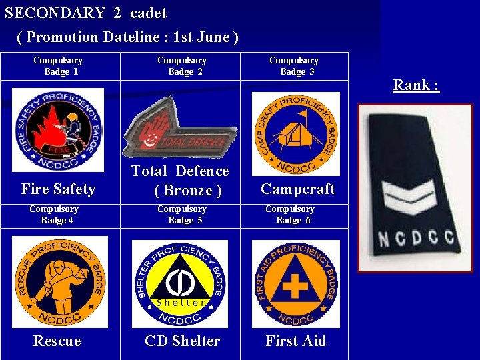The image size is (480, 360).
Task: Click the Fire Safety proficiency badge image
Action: [x=58, y=130]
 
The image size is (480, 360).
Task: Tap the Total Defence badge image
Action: [x=180, y=127]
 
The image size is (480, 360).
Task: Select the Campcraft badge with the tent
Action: [x=296, y=133]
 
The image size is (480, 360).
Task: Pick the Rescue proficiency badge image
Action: [x=59, y=282]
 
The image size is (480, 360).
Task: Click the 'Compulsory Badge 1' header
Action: [x=58, y=66]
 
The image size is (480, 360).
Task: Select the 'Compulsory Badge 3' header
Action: [x=294, y=66]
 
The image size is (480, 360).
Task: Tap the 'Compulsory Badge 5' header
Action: [x=181, y=214]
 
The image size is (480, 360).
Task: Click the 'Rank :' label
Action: [x=416, y=85]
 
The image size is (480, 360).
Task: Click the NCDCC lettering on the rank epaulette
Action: [x=415, y=238]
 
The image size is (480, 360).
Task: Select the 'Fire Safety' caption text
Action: [x=58, y=189]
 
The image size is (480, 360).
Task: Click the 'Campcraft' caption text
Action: [x=297, y=189]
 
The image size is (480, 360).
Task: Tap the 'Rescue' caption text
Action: [x=57, y=341]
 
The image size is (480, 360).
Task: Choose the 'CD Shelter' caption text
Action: [x=182, y=341]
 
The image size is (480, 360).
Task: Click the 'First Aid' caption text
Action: [x=295, y=341]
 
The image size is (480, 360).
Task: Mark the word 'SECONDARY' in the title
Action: [x=55, y=13]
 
